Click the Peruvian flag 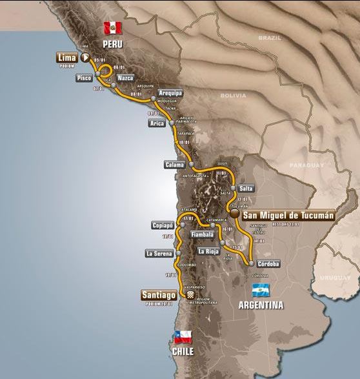pos(113,27)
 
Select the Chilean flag pos(184,336)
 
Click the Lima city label pos(66,57)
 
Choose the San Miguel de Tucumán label pos(287,216)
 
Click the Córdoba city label pos(268,263)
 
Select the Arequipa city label pos(171,93)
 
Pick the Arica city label pos(157,123)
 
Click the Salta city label pos(246,189)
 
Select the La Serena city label pos(158,253)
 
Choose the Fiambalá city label pos(203,235)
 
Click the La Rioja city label pos(209,251)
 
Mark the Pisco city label pos(83,78)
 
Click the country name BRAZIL pos(267,38)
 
